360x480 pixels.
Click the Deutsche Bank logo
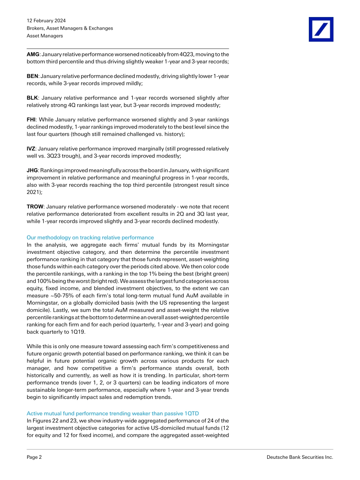(x=321, y=29)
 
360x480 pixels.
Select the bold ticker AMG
(x=33, y=54)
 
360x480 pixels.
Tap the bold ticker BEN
(x=32, y=76)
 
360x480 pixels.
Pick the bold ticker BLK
(x=32, y=98)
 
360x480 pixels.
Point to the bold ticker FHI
(x=31, y=120)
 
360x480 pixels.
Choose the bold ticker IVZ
(x=31, y=149)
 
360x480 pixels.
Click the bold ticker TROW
(x=35, y=207)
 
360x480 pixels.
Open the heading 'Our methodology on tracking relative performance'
(x=90, y=238)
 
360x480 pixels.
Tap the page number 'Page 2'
(x=34, y=457)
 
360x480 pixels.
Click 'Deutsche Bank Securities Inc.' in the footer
(x=300, y=457)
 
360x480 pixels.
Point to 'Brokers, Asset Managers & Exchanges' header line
(x=70, y=28)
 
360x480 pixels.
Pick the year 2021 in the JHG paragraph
(x=33, y=192)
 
